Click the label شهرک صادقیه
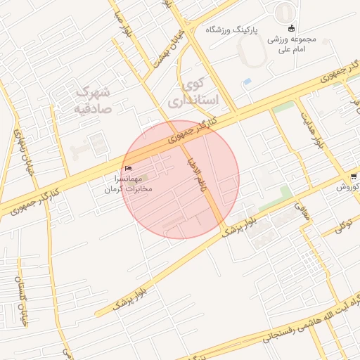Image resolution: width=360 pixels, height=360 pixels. [x=92, y=100]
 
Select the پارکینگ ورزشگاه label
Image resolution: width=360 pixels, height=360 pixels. [x=232, y=30]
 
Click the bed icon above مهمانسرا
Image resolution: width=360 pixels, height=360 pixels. [x=128, y=168]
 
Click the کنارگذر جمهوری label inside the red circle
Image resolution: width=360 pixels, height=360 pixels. [x=191, y=133]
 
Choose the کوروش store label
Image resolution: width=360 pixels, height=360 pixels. [x=347, y=188]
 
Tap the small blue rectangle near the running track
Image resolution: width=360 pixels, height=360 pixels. [x=247, y=82]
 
